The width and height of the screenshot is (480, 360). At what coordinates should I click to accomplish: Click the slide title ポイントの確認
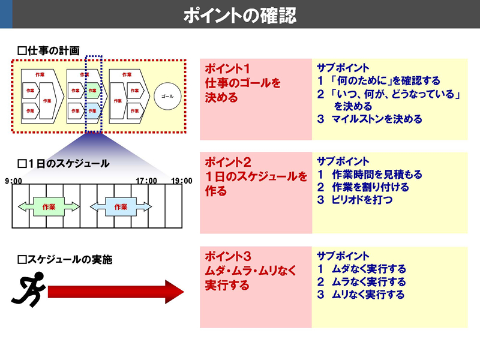click(240, 16)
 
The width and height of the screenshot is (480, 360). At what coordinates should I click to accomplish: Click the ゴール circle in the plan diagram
click(167, 96)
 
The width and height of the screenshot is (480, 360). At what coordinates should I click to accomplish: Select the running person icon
click(29, 289)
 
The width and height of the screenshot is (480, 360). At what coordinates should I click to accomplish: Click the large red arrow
click(116, 292)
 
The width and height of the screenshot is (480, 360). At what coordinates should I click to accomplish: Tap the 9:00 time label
click(13, 181)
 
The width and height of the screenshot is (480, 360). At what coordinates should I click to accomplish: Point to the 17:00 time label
click(146, 181)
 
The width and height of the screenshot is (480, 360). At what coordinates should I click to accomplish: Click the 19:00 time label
click(182, 181)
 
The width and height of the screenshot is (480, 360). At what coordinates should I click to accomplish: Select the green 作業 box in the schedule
click(49, 206)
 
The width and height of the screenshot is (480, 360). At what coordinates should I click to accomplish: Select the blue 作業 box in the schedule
click(121, 206)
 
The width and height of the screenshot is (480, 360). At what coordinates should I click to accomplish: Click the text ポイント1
click(227, 68)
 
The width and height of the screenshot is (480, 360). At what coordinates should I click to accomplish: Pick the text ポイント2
click(228, 162)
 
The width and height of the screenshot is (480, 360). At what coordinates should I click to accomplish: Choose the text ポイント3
click(228, 256)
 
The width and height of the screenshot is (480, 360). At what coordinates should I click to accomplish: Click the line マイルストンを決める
click(377, 119)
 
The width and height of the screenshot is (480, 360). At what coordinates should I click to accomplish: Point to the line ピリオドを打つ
click(362, 200)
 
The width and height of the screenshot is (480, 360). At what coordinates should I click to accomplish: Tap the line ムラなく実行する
click(368, 281)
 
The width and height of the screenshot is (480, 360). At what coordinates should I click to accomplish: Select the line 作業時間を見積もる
click(377, 174)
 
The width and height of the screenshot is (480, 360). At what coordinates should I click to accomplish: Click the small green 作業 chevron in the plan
click(93, 91)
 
